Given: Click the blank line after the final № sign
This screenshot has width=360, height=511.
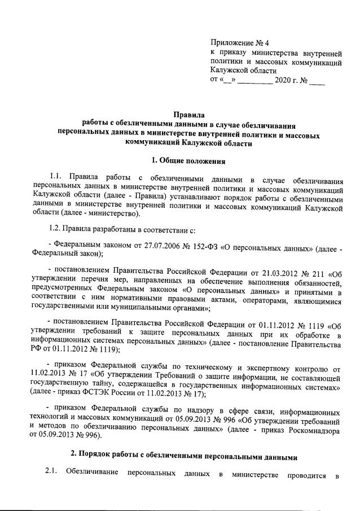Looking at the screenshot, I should click(317, 81).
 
